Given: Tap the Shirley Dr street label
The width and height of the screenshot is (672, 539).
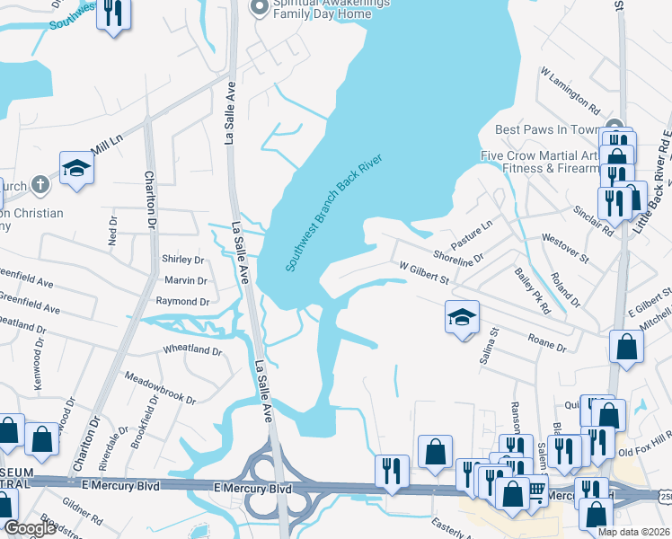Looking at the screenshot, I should [x=182, y=260].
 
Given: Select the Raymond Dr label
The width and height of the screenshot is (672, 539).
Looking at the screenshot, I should [x=182, y=303].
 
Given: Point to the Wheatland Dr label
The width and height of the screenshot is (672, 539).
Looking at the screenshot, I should [x=191, y=349].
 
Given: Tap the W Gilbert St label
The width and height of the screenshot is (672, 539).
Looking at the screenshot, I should [x=424, y=272].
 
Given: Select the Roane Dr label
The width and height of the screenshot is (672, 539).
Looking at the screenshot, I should [x=547, y=341].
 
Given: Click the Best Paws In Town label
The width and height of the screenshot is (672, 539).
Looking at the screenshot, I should [x=547, y=130].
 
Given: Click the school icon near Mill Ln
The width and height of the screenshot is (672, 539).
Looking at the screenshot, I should [x=77, y=168].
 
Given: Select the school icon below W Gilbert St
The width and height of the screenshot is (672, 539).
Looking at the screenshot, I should [x=462, y=317].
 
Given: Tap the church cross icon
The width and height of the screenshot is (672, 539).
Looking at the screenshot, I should [x=39, y=186].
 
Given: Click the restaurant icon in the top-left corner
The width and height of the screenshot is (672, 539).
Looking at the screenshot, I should [x=113, y=13].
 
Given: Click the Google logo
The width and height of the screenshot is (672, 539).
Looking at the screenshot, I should [x=29, y=528].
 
